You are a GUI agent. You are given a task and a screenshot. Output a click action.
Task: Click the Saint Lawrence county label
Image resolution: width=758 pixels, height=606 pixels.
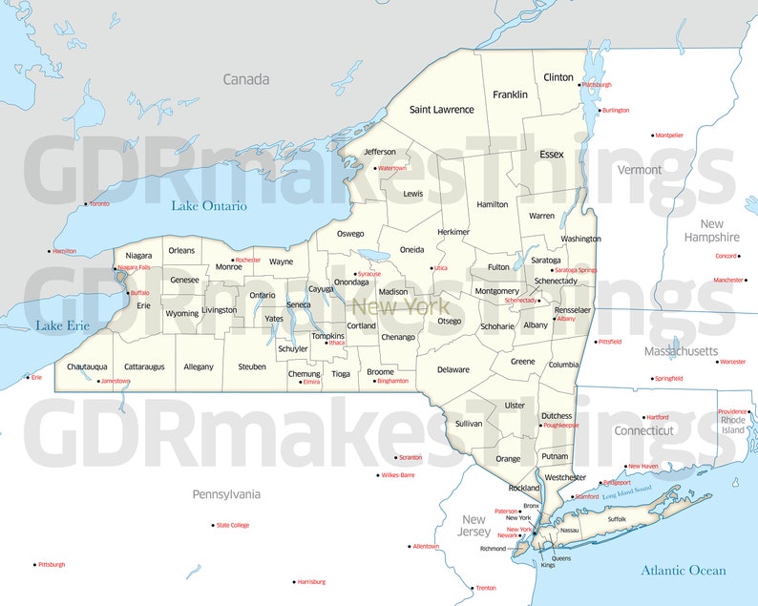coord(441,110)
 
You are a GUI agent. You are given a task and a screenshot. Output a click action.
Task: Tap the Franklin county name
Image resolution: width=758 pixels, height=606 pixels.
coord(510,94)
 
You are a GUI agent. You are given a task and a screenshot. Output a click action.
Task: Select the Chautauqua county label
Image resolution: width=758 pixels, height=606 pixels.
coord(87,366)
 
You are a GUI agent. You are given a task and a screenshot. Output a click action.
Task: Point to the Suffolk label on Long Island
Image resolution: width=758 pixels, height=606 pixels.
coord(617,519)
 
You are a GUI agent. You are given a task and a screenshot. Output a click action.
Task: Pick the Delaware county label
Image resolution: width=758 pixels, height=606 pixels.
coord(453,369)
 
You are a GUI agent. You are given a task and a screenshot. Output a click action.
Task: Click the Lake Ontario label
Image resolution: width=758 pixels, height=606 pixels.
coord(209,206)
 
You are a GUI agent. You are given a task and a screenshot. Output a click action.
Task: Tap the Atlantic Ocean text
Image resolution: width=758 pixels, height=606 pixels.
coord(683,571)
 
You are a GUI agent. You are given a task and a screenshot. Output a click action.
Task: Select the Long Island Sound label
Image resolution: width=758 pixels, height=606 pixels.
coord(626,492)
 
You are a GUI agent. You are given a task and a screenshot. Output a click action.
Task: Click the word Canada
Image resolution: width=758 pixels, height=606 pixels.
coord(246,79)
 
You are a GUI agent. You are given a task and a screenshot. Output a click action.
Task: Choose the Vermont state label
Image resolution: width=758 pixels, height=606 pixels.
coord(640,170)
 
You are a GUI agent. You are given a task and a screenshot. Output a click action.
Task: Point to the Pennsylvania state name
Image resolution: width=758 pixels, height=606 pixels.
coord(226,494)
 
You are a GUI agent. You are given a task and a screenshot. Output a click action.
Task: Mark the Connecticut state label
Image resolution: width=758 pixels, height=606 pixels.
coord(643,430)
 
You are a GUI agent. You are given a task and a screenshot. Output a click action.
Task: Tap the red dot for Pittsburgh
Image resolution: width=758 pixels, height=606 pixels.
coord(34,564)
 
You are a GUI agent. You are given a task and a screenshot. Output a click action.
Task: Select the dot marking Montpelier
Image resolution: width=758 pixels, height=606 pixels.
coord(653,136)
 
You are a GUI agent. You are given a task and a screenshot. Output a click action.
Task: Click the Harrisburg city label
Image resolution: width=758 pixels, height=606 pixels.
coord(311,581)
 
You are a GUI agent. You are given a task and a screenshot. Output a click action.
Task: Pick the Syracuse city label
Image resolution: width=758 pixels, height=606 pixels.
coord(369,274)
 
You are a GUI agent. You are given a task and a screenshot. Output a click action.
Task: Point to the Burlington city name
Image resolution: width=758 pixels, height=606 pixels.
coord(616,110)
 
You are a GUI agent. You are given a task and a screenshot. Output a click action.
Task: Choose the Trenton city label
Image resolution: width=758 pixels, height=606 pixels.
coord(486,588)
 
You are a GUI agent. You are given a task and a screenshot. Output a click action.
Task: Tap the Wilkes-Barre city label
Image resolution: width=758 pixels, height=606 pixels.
coord(397,474)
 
